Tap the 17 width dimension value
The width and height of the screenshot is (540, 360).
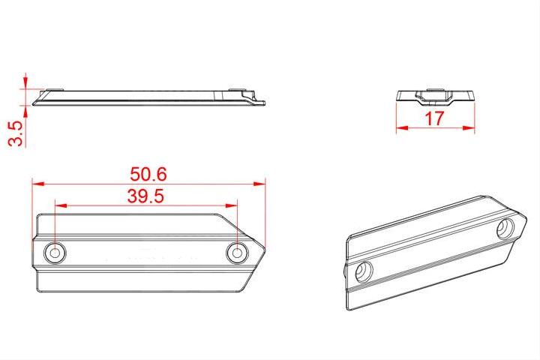(435, 118)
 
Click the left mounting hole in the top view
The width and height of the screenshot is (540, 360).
(55, 253)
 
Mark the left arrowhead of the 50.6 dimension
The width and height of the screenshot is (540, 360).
(34, 182)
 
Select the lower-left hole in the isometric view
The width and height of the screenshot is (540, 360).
(362, 271)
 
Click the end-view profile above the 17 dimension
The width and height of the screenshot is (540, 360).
(435, 96)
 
